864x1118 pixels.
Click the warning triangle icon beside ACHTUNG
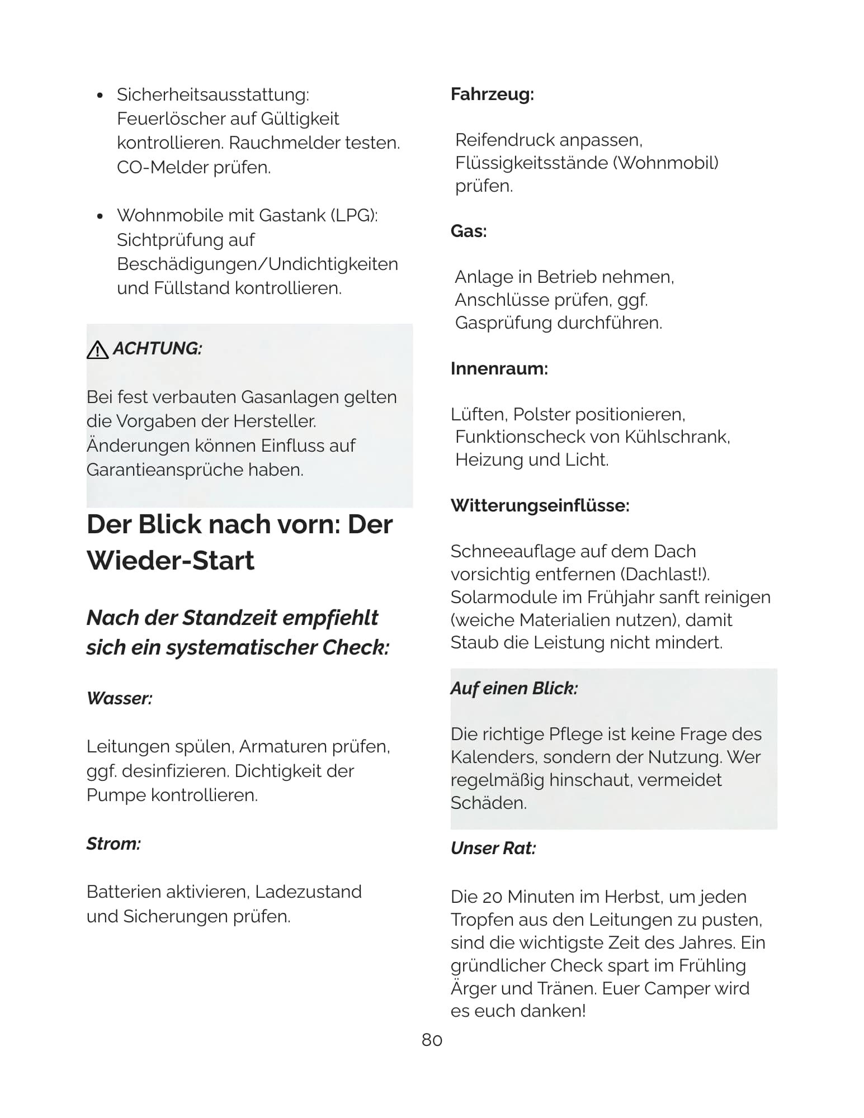tap(98, 349)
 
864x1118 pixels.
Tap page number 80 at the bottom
tap(432, 1040)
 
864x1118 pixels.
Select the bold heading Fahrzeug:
tap(492, 94)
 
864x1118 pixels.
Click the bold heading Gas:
tap(469, 231)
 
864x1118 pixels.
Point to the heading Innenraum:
tap(499, 368)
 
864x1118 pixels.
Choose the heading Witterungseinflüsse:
tap(540, 505)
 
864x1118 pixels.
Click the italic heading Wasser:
tap(120, 698)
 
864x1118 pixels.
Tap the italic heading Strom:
tap(114, 844)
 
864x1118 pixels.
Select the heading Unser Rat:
tap(493, 848)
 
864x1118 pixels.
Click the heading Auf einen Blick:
tap(514, 688)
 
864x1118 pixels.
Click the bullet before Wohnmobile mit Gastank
tap(100, 216)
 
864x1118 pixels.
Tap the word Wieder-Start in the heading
tap(171, 560)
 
